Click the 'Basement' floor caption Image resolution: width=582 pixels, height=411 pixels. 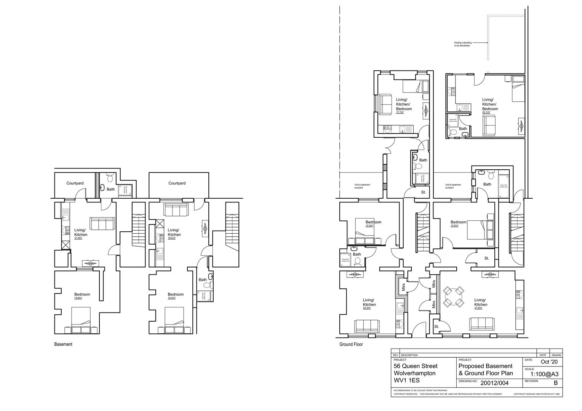coord(63,344)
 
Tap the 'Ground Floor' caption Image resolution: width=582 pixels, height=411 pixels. coord(351,344)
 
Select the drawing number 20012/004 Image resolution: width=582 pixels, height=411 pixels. coord(494,383)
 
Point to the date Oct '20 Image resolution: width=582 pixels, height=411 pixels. coord(549,362)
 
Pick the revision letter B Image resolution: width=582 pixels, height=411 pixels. coord(555,383)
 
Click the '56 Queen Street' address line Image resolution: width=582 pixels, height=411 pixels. coord(416,366)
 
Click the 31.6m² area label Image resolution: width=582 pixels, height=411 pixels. coord(480,308)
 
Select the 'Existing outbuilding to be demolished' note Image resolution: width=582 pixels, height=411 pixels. coord(462,44)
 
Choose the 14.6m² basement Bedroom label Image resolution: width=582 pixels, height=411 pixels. coord(82,296)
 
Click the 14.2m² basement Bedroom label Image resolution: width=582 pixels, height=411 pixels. coord(176,296)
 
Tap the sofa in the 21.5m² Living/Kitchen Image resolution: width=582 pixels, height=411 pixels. coord(102,224)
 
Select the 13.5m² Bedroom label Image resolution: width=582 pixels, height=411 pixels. coord(458,223)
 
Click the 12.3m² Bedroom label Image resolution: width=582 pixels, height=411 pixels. coord(373,223)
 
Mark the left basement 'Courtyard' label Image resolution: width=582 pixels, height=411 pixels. coord(75,183)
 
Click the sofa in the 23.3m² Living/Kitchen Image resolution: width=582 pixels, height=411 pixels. coord(367,326)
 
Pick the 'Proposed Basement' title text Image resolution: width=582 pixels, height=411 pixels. coord(486,366)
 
